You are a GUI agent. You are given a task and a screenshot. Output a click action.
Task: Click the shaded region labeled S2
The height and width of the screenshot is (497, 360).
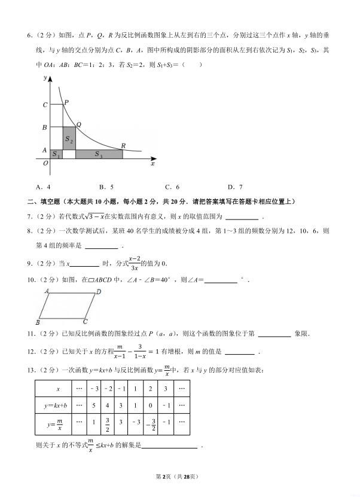coord(69,139)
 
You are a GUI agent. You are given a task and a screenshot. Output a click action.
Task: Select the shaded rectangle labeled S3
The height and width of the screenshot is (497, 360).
coord(99,154)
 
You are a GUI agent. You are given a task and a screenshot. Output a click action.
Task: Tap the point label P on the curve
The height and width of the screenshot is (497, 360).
coord(66,103)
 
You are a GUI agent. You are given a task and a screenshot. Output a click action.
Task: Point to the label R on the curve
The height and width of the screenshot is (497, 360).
coord(123,145)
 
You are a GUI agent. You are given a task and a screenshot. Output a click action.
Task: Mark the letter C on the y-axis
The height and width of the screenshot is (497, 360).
coord(45,105)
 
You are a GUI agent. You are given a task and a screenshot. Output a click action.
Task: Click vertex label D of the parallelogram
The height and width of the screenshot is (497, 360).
coord(99,292)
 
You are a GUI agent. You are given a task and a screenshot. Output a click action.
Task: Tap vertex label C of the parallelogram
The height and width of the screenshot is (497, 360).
coord(86,321)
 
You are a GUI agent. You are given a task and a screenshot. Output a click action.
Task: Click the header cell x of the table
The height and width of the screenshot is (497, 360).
coord(57,389)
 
